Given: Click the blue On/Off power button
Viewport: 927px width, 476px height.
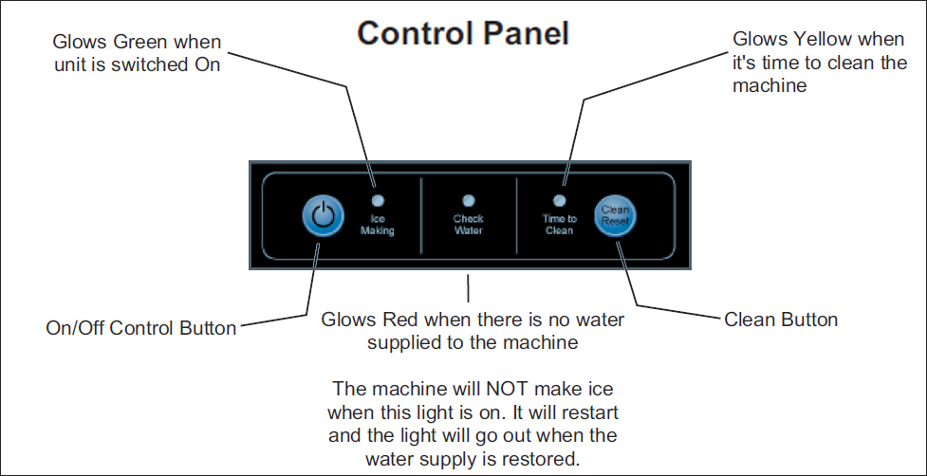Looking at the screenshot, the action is click(323, 217).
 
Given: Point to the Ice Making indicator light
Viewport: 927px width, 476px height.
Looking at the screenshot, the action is click(378, 201).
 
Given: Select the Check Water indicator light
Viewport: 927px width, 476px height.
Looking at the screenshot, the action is click(469, 201).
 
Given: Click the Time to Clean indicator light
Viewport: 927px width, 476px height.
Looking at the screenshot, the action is click(559, 201).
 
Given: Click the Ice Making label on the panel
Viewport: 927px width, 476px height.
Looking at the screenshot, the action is click(378, 225).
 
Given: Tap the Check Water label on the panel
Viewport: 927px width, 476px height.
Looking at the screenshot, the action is click(469, 225).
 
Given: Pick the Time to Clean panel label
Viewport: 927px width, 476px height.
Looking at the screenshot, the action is click(559, 225).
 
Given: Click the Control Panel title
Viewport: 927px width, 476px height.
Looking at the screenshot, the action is click(463, 32).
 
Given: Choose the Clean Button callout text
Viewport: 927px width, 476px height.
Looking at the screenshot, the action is click(781, 320).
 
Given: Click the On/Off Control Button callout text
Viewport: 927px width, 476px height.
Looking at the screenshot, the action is click(140, 328).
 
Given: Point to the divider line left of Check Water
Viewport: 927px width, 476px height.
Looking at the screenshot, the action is click(421, 214).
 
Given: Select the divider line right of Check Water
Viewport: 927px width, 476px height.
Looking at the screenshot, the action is click(517, 214).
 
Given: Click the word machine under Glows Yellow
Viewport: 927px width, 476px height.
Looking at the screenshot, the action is click(769, 85).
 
